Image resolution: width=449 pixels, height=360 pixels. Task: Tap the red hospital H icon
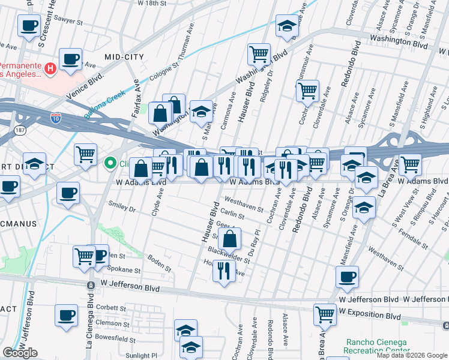pyautogui.click(x=50, y=68)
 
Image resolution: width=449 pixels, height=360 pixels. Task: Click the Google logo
pyautogui.click(x=20, y=353)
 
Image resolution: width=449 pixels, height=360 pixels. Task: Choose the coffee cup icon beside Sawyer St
pyautogui.click(x=29, y=26)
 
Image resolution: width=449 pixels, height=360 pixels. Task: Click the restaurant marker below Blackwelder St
pyautogui.click(x=223, y=270)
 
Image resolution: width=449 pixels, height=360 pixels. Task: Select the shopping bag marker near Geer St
pyautogui.click(x=230, y=239)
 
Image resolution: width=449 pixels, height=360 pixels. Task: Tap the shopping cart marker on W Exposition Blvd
pyautogui.click(x=325, y=314)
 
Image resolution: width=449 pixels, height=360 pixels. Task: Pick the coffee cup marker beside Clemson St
pyautogui.click(x=65, y=316)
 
